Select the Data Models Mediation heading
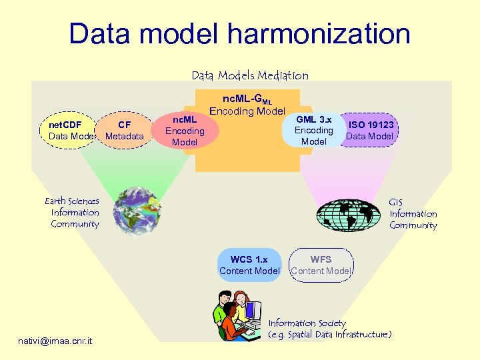pyautogui.click(x=250, y=75)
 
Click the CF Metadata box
pyautogui.click(x=125, y=131)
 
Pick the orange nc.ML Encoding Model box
pyautogui.click(x=185, y=131)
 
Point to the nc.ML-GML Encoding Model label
pyautogui.click(x=247, y=105)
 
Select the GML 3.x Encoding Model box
pyautogui.click(x=313, y=131)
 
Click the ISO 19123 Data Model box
pyautogui.click(x=371, y=130)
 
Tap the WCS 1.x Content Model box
pyautogui.click(x=249, y=265)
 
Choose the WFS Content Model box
pyautogui.click(x=321, y=265)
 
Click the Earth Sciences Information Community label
pyautogui.click(x=73, y=213)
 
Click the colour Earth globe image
pyautogui.click(x=136, y=211)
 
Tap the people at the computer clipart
pyautogui.click(x=237, y=316)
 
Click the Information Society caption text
pyautogui.click(x=307, y=323)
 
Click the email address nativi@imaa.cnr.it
pyautogui.click(x=56, y=341)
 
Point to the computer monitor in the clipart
pyautogui.click(x=253, y=311)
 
